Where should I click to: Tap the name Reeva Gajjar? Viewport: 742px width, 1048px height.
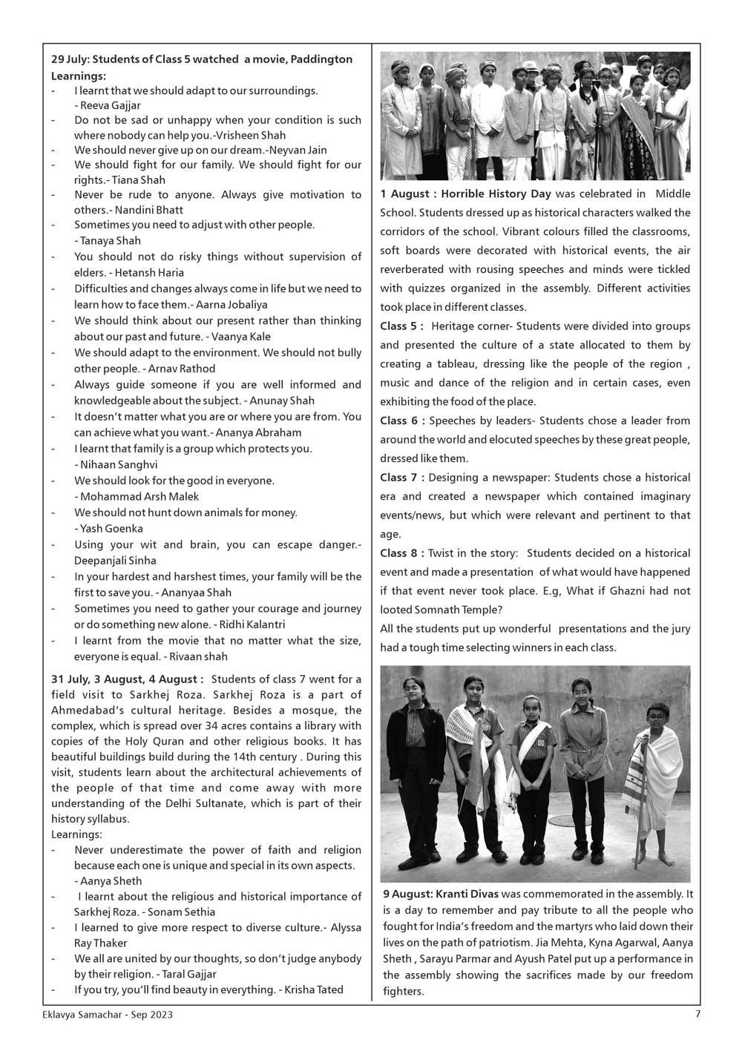pyautogui.click(x=110, y=105)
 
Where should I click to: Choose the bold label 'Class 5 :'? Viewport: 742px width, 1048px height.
pyautogui.click(x=401, y=326)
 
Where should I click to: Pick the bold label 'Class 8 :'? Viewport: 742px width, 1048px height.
pyautogui.click(x=401, y=553)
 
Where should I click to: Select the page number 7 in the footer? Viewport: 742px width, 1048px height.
pyautogui.click(x=697, y=1015)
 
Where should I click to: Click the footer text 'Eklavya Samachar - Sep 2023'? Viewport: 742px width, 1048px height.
pyautogui.click(x=108, y=1015)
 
